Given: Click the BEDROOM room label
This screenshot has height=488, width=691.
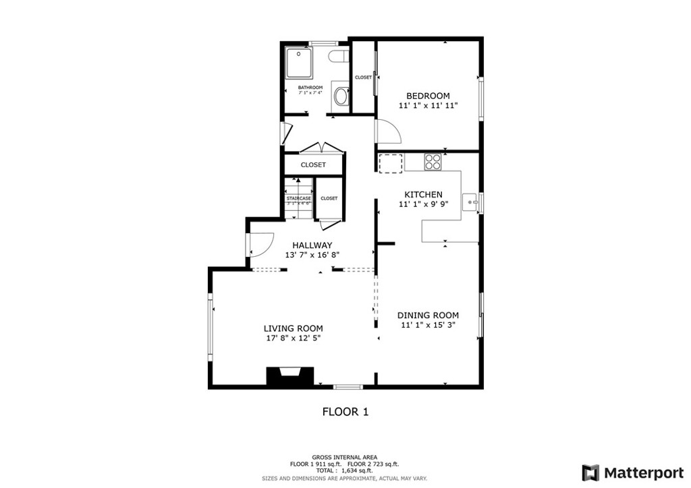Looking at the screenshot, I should click(x=428, y=96).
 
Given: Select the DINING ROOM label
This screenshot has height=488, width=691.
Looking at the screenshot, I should click(x=428, y=315).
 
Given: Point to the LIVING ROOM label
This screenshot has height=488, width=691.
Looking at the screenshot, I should click(x=293, y=328).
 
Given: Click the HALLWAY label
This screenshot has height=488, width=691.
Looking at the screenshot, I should click(x=312, y=245).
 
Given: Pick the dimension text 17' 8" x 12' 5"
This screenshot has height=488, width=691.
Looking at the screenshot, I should click(x=292, y=338).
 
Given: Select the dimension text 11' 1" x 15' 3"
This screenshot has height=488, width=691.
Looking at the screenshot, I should click(x=428, y=325).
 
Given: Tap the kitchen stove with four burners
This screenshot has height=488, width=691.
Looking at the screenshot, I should click(x=433, y=162).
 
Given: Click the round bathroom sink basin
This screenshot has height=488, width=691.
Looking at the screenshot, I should click(x=341, y=96).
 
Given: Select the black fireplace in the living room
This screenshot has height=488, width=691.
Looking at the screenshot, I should click(x=290, y=376).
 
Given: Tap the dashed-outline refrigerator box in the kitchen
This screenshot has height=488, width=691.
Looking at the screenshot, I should click(x=390, y=162).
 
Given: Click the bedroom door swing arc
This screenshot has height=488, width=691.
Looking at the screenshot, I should click(x=389, y=131).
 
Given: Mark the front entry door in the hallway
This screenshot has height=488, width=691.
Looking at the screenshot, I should click(x=260, y=243).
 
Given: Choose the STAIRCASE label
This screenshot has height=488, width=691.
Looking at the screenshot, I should click(x=298, y=198).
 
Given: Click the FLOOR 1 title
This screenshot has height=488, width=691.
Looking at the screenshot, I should click(x=345, y=411).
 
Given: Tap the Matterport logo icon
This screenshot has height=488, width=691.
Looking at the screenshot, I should click(x=590, y=472).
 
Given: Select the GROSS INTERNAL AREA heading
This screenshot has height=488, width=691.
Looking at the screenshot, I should click(x=344, y=457).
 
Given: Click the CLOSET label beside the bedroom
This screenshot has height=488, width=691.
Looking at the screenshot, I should click(x=363, y=78).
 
